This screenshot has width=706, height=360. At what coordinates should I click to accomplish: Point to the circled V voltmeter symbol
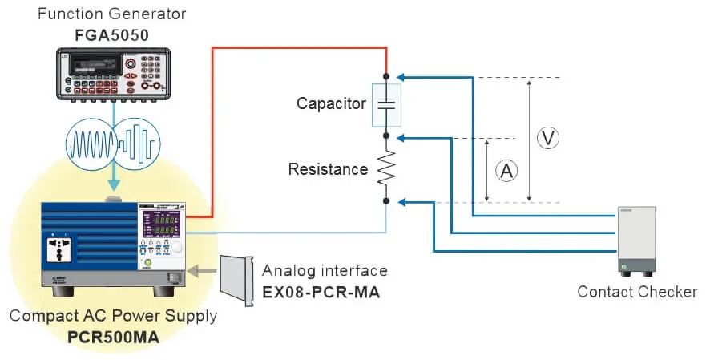click(x=548, y=138)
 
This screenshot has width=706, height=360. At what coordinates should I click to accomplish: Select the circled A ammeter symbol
click(x=506, y=169)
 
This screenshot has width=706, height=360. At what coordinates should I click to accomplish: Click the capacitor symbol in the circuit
click(x=385, y=103)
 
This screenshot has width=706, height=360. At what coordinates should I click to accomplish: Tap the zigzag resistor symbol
click(x=386, y=169)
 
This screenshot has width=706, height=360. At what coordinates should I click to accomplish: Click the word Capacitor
click(x=331, y=103)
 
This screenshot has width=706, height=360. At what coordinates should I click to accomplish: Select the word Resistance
click(x=328, y=169)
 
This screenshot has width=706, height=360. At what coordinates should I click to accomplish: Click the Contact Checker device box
click(x=636, y=240)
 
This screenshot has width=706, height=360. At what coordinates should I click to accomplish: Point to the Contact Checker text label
click(x=637, y=292)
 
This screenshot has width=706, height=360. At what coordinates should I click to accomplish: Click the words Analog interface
click(x=325, y=271)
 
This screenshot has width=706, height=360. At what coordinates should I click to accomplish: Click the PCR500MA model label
click(x=113, y=337)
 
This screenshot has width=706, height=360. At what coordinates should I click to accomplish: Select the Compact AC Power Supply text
click(x=113, y=316)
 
